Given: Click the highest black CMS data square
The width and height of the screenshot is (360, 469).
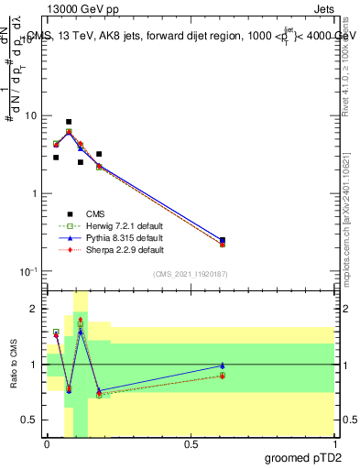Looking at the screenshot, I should (x=69, y=122).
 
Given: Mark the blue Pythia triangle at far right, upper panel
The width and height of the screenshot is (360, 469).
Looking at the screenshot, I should (x=223, y=239).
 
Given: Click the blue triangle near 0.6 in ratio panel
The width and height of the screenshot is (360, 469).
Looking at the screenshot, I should (x=223, y=365).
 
